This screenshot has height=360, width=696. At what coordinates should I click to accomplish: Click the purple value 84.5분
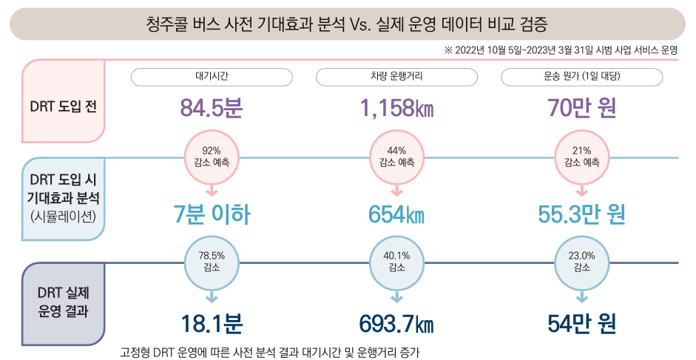click(212, 109)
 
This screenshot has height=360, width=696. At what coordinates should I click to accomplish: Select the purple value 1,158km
click(396, 109)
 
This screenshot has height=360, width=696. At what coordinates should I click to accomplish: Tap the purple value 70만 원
click(581, 109)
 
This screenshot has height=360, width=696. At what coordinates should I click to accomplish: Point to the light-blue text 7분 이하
click(212, 215)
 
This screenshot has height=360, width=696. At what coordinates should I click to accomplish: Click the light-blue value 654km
click(396, 215)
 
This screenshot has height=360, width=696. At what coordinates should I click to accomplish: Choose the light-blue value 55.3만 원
click(581, 215)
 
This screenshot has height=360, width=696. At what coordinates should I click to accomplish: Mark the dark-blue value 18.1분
click(212, 325)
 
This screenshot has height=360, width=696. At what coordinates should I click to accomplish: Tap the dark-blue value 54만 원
click(581, 325)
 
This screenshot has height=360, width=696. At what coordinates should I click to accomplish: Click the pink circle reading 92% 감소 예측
click(212, 157)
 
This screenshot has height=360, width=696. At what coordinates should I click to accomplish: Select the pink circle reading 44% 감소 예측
click(396, 157)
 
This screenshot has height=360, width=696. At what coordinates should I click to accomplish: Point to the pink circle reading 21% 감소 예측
click(581, 157)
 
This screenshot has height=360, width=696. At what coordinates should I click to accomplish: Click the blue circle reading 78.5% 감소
click(212, 262)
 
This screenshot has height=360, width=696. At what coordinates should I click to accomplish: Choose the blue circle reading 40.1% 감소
click(396, 262)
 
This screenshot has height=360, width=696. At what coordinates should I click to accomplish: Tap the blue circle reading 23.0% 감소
click(581, 262)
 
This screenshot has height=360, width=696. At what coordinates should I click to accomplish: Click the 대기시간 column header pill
click(212, 77)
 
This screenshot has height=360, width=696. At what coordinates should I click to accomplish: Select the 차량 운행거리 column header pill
click(396, 77)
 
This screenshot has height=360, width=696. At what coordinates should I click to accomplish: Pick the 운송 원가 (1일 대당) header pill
click(581, 77)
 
